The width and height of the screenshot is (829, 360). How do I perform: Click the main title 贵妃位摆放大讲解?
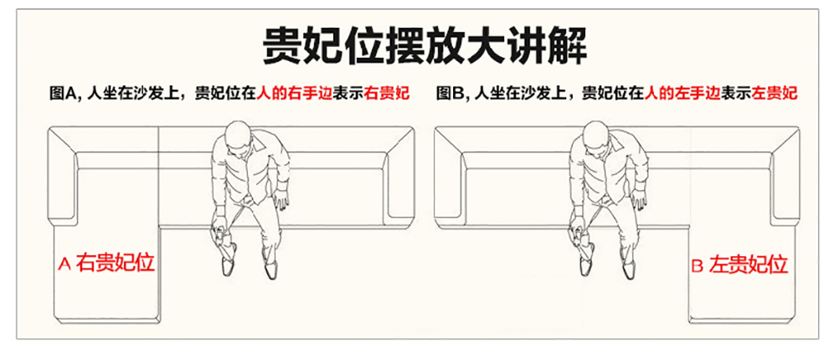pyautogui.click(x=425, y=46)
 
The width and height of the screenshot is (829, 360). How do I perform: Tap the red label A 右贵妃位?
pyautogui.click(x=106, y=263)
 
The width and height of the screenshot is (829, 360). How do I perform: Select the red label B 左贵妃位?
pyautogui.click(x=739, y=264)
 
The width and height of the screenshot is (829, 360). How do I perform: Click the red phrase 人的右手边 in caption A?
pyautogui.click(x=295, y=94)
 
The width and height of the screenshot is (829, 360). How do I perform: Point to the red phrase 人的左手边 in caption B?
pyautogui.click(x=682, y=94)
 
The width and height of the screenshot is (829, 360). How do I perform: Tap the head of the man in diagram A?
pyautogui.click(x=237, y=138)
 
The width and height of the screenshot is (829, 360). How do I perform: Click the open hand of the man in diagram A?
pyautogui.click(x=282, y=201)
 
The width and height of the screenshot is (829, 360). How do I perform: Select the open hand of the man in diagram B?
pyautogui.click(x=641, y=201)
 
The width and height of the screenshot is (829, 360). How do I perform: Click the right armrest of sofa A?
pyautogui.click(x=401, y=174)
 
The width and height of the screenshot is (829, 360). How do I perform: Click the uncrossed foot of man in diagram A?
pyautogui.click(x=270, y=267)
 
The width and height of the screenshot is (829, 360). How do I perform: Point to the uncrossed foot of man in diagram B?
pyautogui.click(x=629, y=267)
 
